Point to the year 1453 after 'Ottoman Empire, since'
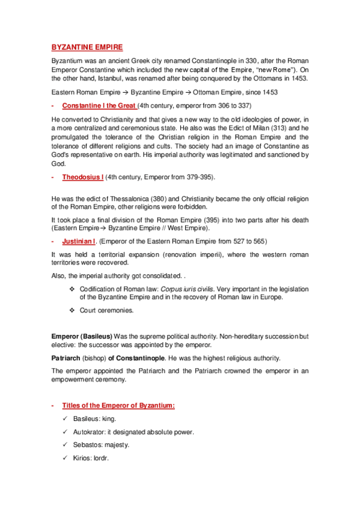coord(267,92)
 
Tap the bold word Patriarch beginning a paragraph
coord(66,358)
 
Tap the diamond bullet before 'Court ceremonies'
coord(72,310)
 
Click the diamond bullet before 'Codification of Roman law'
coord(72,289)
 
